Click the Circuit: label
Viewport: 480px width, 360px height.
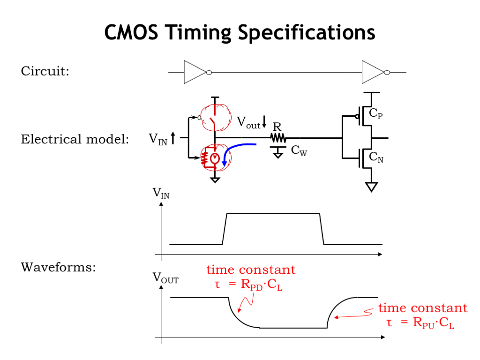click(45, 72)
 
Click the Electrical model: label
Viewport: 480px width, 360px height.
click(75, 140)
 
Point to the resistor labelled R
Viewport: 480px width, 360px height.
click(277, 138)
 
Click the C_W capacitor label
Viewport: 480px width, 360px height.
click(299, 151)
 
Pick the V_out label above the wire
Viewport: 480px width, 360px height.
click(248, 123)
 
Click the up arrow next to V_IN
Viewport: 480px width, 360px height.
click(173, 138)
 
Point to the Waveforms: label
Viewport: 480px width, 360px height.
click(58, 268)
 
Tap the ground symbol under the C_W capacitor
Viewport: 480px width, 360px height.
click(278, 152)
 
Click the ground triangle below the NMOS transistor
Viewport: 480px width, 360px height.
click(372, 187)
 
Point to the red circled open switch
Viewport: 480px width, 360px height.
click(215, 115)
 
